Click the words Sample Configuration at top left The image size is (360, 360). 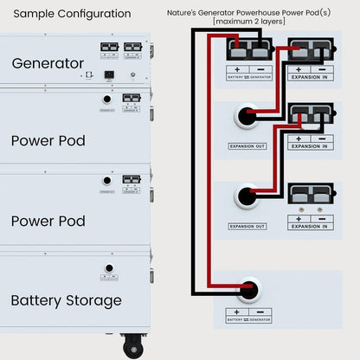click(73, 14)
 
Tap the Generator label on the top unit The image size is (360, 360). click(48, 63)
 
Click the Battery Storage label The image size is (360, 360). click(66, 300)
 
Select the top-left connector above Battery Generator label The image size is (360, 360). click(248, 48)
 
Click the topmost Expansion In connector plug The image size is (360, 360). click(310, 48)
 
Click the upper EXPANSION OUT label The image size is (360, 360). click(248, 146)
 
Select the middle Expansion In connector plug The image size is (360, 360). click(310, 114)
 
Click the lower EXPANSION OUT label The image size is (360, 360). click(248, 226)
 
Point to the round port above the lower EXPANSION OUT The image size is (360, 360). click(249, 196)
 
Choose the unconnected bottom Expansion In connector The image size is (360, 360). click(310, 194)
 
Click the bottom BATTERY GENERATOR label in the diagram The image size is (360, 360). click(249, 320)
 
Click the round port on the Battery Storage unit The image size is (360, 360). click(109, 268)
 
